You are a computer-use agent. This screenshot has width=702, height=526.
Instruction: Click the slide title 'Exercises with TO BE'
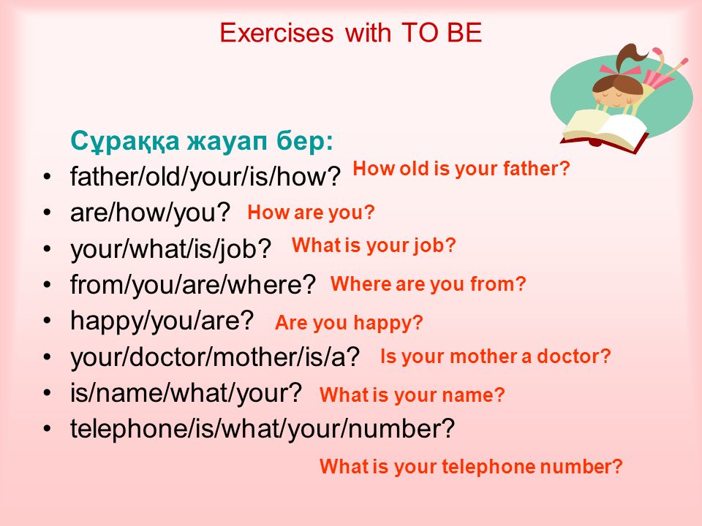click(350, 33)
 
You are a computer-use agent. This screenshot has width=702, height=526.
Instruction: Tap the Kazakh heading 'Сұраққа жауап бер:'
click(202, 141)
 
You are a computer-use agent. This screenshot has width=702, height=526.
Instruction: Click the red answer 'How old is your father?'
click(461, 169)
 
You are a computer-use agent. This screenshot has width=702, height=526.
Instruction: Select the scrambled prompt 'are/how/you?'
click(150, 213)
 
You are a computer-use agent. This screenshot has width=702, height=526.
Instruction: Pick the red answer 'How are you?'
click(311, 213)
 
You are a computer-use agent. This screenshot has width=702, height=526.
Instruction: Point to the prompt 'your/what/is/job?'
click(171, 248)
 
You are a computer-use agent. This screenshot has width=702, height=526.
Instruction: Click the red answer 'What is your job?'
click(374, 245)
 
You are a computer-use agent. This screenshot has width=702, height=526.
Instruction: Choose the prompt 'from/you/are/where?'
click(193, 284)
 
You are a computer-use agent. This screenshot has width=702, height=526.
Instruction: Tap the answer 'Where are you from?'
click(428, 284)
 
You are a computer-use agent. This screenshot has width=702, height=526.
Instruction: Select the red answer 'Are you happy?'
click(349, 323)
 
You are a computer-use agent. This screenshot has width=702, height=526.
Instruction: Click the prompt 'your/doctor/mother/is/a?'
click(215, 357)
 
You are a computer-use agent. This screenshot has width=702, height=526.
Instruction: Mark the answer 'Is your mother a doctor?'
click(496, 357)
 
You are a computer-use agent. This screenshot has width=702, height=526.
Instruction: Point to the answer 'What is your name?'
click(412, 395)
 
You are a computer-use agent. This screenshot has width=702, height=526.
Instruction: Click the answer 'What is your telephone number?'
click(471, 467)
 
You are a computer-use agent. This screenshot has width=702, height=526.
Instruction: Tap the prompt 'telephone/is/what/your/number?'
click(263, 429)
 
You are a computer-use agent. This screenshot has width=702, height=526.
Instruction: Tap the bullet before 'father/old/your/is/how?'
click(47, 176)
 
